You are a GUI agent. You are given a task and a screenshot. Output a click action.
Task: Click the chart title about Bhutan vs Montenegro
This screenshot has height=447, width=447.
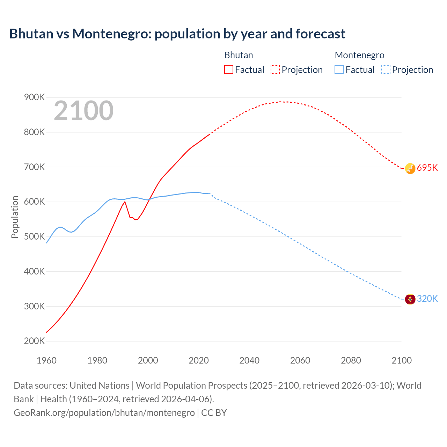click(x=177, y=34)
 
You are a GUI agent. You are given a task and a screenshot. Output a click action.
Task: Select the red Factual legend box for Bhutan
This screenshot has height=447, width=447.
click(x=229, y=69)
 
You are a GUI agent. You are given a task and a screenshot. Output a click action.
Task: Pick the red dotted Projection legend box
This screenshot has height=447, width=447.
click(x=275, y=69)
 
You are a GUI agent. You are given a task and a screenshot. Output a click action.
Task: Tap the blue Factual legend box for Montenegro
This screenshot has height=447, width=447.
click(x=339, y=69)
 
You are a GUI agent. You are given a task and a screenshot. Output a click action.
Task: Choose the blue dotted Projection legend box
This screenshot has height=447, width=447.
click(x=386, y=69)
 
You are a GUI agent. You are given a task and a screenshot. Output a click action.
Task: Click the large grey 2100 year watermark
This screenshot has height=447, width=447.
click(x=83, y=111)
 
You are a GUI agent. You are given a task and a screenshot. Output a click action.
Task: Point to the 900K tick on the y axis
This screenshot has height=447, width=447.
click(x=34, y=97)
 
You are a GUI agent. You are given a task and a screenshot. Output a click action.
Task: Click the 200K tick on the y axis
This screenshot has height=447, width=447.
click(x=34, y=341)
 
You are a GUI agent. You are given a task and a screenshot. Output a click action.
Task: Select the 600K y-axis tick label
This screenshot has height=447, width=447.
click(x=34, y=202)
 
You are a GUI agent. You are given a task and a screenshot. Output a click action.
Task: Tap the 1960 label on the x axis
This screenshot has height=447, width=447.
click(x=46, y=360)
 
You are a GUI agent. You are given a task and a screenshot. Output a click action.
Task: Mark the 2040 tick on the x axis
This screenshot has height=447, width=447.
click(x=249, y=360)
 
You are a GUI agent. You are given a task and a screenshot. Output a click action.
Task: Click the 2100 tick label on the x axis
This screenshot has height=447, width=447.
click(x=402, y=360)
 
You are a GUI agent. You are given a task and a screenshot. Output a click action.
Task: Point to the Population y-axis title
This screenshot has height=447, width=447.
click(x=15, y=217)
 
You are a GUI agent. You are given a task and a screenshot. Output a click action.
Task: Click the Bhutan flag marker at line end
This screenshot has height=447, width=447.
click(x=410, y=168)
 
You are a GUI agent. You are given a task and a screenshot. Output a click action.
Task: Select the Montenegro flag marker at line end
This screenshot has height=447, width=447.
click(x=410, y=299)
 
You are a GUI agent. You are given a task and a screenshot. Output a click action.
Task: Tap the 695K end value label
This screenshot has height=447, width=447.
click(x=427, y=168)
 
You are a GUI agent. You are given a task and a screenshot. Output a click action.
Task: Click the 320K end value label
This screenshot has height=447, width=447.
click(x=427, y=299)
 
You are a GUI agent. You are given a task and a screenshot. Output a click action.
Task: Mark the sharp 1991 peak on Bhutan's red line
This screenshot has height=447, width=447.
click(x=125, y=201)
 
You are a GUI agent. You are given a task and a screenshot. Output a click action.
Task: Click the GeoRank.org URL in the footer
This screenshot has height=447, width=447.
click(x=104, y=413)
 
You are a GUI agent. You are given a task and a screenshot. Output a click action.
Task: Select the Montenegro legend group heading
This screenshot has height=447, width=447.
click(x=359, y=55)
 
